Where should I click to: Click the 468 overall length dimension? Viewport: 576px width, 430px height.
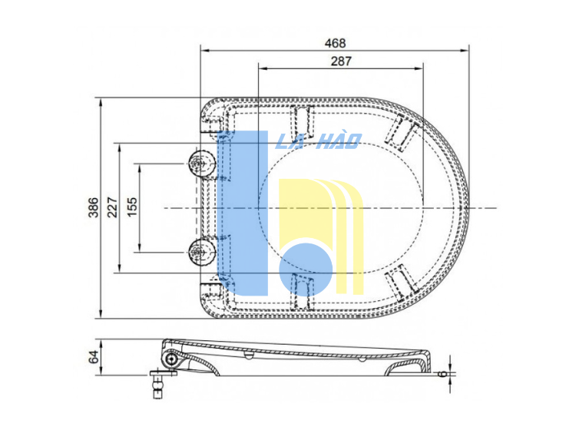click(x=335, y=43)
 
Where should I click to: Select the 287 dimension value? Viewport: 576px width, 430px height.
click(x=340, y=62)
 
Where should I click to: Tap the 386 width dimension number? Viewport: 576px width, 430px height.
click(x=93, y=207)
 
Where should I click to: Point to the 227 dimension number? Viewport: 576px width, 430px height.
click(x=112, y=207)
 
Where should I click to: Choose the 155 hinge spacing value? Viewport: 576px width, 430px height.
click(x=131, y=207)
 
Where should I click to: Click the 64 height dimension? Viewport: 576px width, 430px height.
click(x=93, y=357)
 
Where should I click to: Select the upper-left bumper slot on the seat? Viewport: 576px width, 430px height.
click(x=303, y=119)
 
